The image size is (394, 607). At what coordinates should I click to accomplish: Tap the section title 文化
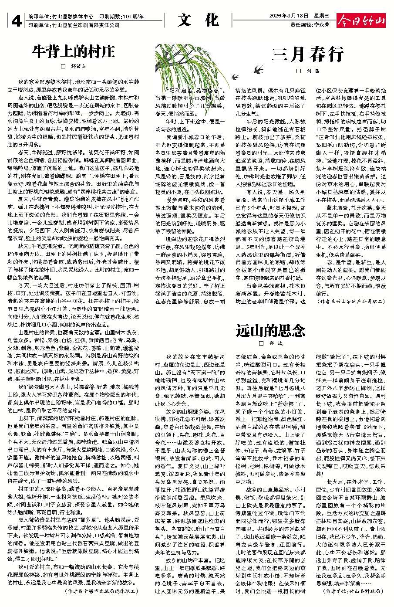pyautogui.click(x=198, y=20)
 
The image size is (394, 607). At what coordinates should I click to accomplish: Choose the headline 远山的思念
pyautogui.click(x=270, y=331)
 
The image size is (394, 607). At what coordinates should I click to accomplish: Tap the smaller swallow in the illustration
pyautogui.click(x=236, y=77)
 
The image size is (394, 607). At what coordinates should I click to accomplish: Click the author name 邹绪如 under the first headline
pyautogui.click(x=79, y=67)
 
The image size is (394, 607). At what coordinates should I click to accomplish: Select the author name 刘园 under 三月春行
pyautogui.click(x=314, y=71)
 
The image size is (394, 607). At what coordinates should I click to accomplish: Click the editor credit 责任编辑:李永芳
pyautogui.click(x=310, y=25)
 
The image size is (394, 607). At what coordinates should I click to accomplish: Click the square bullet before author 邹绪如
pyautogui.click(x=62, y=67)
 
